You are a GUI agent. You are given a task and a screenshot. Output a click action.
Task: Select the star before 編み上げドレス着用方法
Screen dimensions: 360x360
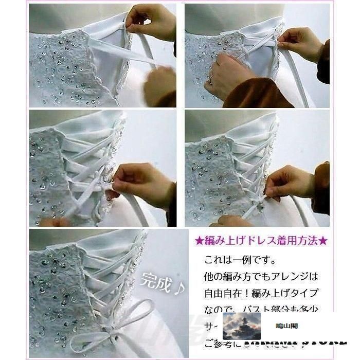click(199, 240)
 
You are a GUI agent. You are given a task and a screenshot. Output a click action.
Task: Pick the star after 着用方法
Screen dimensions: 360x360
click(324, 240)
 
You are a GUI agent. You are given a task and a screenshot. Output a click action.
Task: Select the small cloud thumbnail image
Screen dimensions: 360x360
click(242, 325)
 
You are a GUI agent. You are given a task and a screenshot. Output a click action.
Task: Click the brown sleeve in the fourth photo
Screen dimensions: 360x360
click(321, 188)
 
